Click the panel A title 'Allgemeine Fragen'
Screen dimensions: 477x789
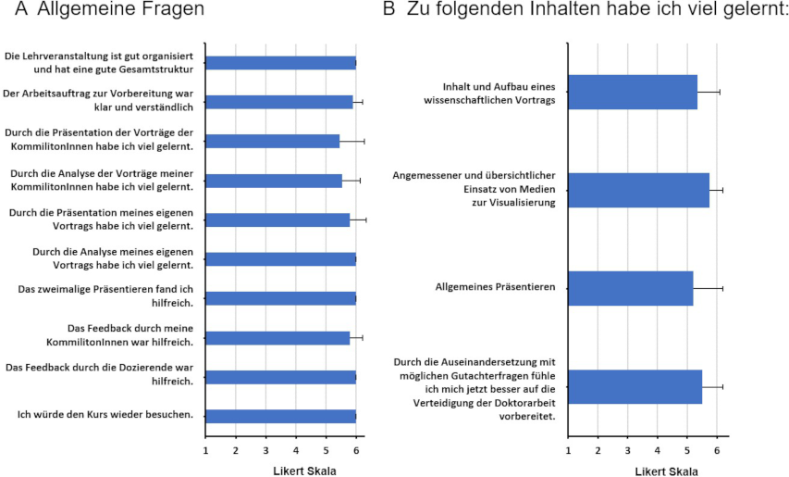121,12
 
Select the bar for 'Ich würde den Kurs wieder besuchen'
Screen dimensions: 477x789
280,416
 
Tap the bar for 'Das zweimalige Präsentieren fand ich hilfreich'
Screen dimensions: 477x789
280,298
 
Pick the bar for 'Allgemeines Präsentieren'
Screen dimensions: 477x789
630,288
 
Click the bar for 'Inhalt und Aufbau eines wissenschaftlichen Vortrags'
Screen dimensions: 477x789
632,92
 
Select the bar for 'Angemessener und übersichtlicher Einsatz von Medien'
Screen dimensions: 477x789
638,190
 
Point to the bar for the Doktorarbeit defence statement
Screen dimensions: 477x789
635,386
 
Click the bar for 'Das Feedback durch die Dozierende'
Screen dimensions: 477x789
280,377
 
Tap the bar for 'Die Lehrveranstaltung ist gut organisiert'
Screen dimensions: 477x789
280,63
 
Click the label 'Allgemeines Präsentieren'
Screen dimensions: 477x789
495,288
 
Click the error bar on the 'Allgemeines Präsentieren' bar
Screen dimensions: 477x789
709,288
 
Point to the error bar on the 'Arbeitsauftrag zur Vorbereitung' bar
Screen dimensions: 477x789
358,102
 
